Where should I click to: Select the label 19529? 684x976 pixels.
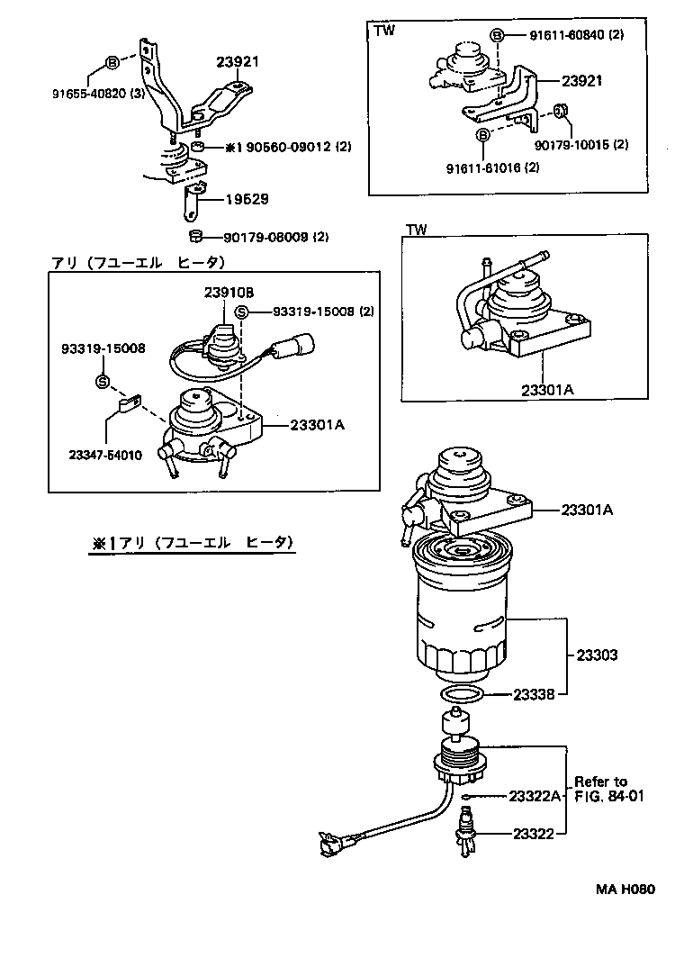tap(247, 199)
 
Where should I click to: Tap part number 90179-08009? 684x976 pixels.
tap(264, 238)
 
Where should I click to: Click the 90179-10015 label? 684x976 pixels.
tap(580, 144)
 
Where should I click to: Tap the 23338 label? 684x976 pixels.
tap(538, 694)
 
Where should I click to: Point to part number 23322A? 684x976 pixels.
tap(535, 796)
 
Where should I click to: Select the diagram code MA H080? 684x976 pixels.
tap(624, 890)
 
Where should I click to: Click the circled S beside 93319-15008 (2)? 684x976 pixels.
tap(240, 312)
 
